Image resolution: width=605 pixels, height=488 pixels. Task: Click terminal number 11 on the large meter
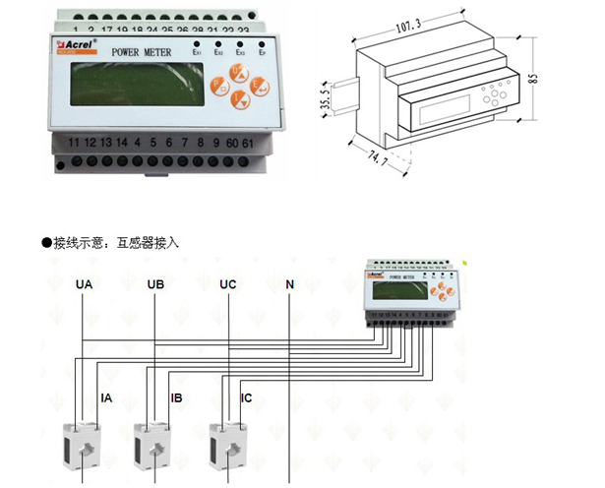click(73, 144)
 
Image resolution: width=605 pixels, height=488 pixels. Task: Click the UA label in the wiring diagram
click(85, 284)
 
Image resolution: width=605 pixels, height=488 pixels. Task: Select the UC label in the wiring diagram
click(227, 284)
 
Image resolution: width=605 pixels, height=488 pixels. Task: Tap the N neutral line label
click(289, 284)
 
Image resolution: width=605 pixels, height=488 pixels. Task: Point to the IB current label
click(176, 398)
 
